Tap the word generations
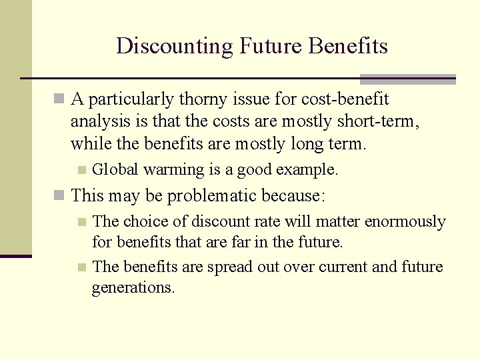133,288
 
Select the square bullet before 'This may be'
59,197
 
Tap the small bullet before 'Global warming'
81,170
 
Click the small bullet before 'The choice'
81,222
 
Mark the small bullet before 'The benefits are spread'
81,267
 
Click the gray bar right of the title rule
407,79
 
